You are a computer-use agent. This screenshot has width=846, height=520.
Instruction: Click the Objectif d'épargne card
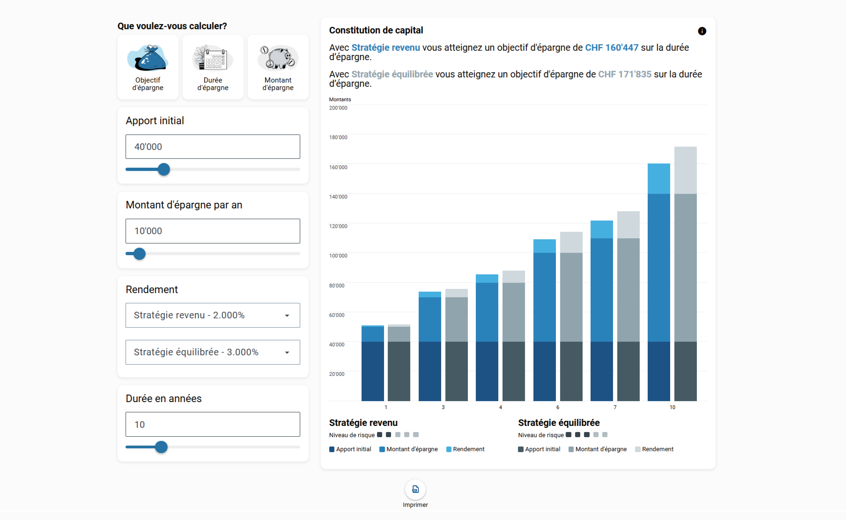coord(148,67)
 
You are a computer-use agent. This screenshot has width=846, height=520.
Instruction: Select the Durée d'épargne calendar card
coord(213,67)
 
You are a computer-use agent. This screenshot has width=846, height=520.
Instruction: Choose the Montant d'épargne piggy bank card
coord(278,67)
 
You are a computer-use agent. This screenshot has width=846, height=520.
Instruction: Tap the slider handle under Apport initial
coord(164,169)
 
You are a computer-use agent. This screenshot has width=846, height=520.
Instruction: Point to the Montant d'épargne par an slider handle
coord(139,254)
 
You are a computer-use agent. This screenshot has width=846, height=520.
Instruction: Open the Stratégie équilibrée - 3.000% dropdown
coord(213,352)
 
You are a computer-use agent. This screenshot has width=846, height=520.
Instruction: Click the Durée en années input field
coord(213,424)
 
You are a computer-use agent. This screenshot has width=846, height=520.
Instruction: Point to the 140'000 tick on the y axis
coord(338,197)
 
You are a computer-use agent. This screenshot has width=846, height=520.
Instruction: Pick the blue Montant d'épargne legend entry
coord(409,449)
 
